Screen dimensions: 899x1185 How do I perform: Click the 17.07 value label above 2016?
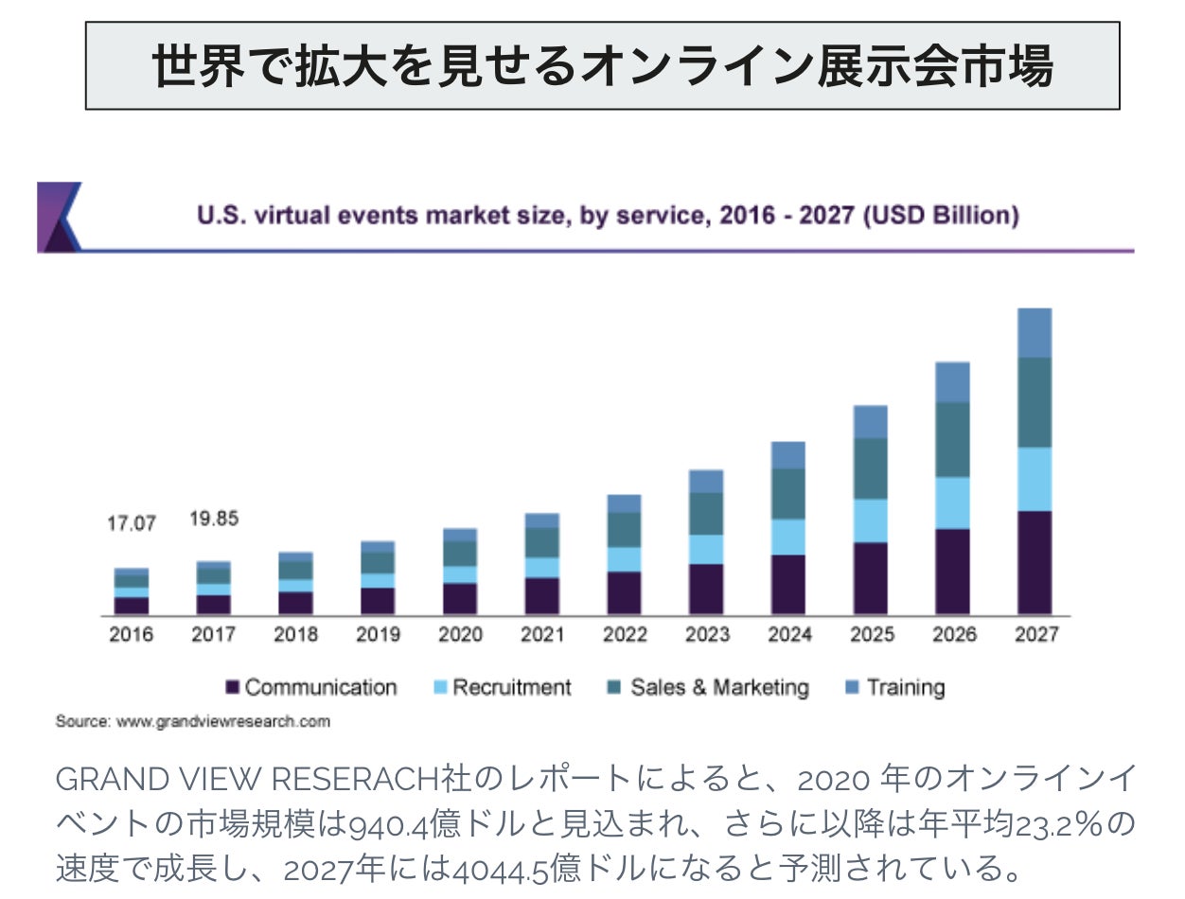click(131, 523)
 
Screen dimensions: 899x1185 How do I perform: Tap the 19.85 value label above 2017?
click(213, 520)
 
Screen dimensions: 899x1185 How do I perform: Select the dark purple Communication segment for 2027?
click(1035, 562)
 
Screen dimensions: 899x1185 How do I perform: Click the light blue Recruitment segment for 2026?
click(952, 502)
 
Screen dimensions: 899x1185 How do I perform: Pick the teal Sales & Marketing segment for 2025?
click(871, 468)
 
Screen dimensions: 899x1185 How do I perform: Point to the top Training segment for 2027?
click(1035, 332)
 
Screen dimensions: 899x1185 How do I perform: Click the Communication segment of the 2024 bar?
click(787, 584)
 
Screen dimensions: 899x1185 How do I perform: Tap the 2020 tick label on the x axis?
click(460, 635)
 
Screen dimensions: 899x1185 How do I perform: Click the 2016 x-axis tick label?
click(131, 635)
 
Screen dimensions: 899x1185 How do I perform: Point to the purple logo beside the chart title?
click(57, 217)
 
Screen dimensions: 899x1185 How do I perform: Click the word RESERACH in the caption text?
click(357, 781)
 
